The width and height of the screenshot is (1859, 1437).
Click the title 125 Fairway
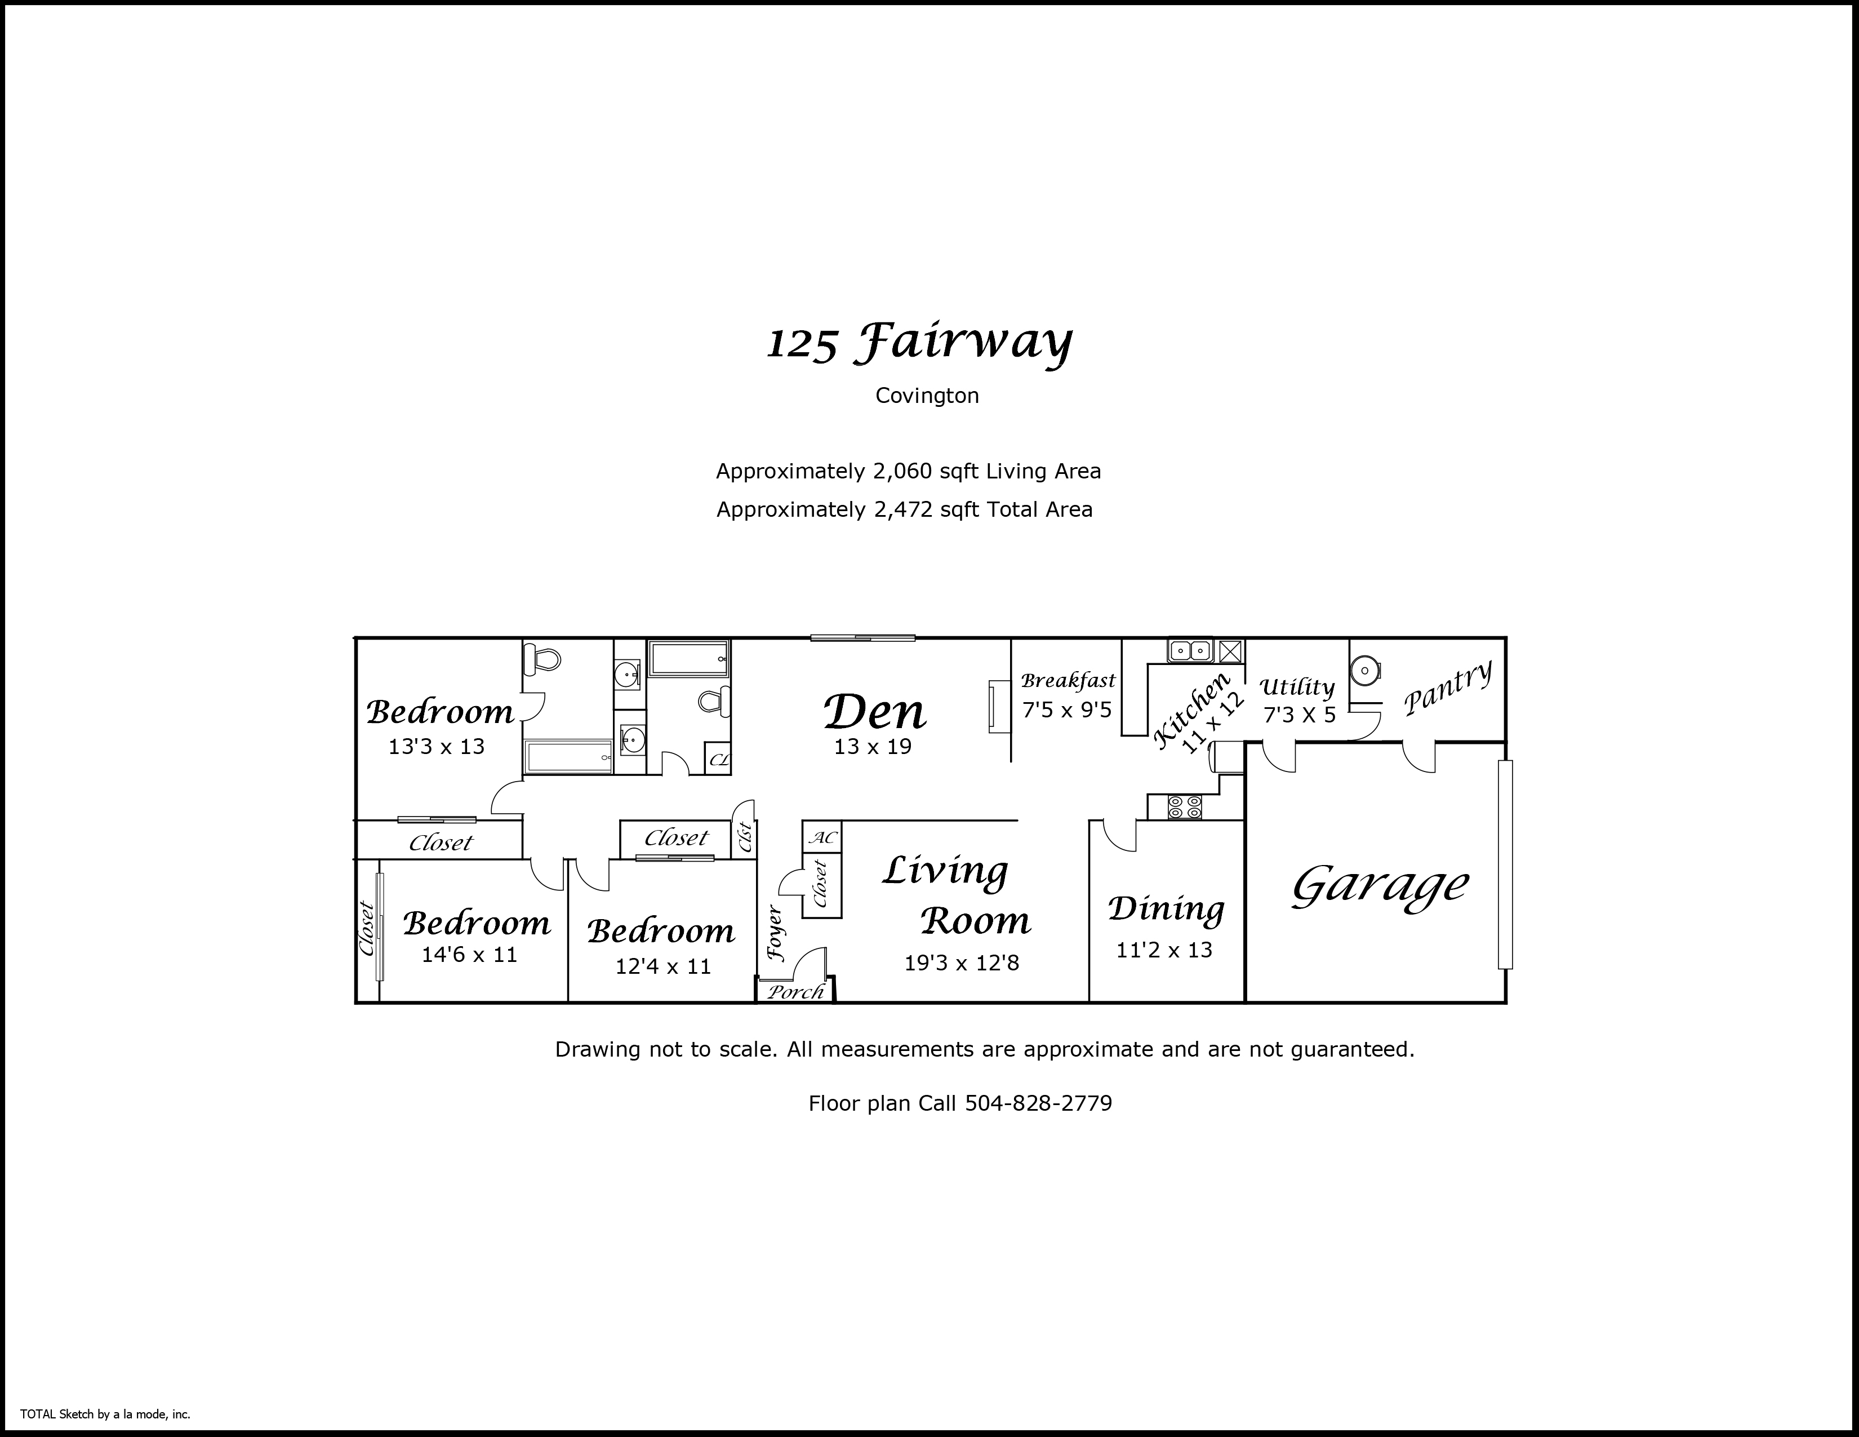pyautogui.click(x=919, y=343)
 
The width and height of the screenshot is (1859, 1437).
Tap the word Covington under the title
pyautogui.click(x=927, y=396)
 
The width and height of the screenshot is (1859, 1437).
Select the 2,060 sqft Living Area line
pyautogui.click(x=908, y=471)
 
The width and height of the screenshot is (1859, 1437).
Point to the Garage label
pyautogui.click(x=1380, y=885)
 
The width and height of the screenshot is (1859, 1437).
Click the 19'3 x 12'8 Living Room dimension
pyautogui.click(x=961, y=963)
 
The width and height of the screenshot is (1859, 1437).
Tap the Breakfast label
pyautogui.click(x=1068, y=681)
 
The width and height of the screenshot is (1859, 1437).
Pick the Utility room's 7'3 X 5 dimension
pyautogui.click(x=1299, y=714)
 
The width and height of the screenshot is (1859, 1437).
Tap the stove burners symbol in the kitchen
pyautogui.click(x=1185, y=807)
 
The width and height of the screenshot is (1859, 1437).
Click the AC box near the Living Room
pyautogui.click(x=822, y=837)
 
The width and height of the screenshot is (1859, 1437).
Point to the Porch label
pyautogui.click(x=796, y=992)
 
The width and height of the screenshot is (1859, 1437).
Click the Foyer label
pyautogui.click(x=775, y=933)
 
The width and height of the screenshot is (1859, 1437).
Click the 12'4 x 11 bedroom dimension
pyautogui.click(x=663, y=966)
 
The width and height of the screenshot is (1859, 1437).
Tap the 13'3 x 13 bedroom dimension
pyautogui.click(x=437, y=747)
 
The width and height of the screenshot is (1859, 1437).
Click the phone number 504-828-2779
pyautogui.click(x=1038, y=1103)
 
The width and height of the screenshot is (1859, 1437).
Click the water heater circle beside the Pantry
pyautogui.click(x=1364, y=671)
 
